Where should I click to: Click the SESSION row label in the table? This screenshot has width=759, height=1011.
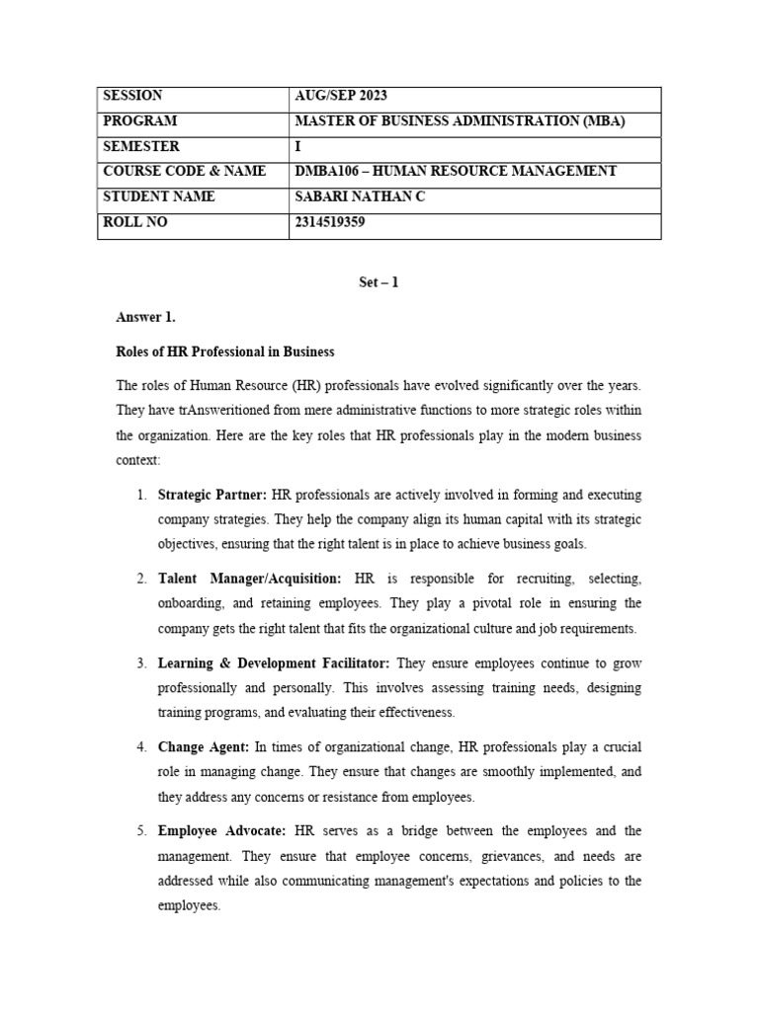132,96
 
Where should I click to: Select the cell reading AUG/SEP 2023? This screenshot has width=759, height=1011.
341,96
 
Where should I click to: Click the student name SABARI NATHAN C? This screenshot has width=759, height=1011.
360,196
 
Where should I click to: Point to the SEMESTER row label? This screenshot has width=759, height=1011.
139,146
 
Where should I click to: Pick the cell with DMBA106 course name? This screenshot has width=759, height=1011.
456,171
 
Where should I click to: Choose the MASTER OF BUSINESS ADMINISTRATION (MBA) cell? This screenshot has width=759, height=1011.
461,120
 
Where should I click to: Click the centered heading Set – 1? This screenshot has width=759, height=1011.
379,282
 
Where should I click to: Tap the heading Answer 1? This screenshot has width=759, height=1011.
145,317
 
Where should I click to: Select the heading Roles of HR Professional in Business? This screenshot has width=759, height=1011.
225,351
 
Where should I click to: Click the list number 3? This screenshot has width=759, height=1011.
141,662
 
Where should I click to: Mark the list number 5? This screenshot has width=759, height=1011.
141,831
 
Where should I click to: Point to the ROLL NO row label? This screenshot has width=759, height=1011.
135,222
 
